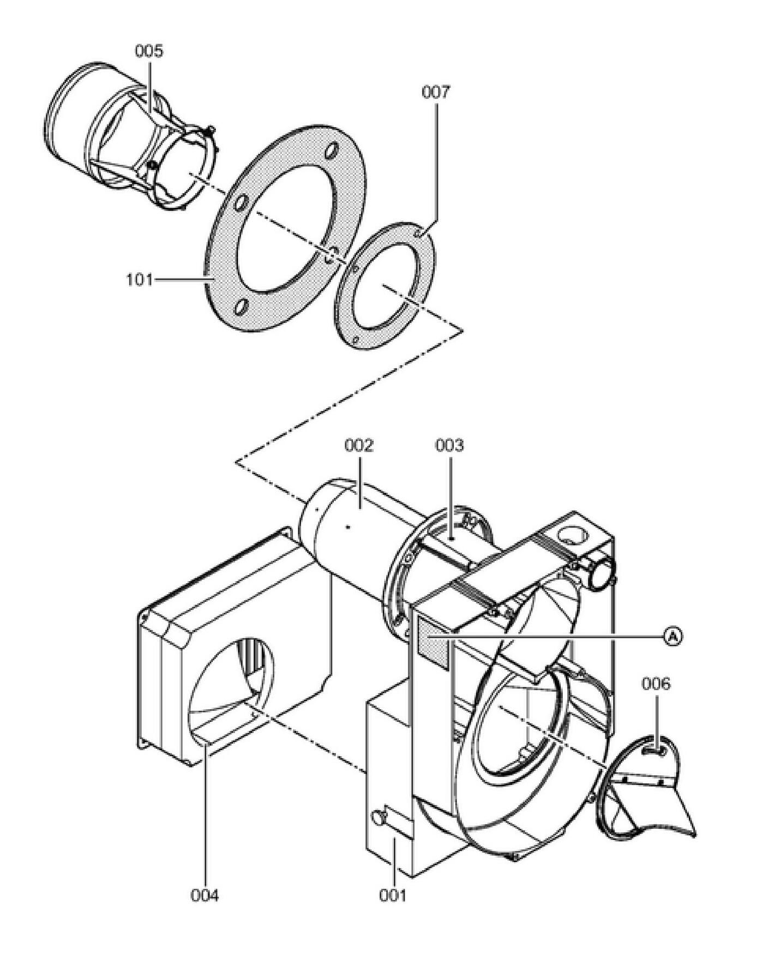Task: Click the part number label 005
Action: (148, 51)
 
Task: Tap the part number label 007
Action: (436, 92)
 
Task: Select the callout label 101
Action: (140, 280)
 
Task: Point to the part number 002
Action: (359, 446)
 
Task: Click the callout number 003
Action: (449, 446)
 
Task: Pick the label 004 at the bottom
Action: (205, 895)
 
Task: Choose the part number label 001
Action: (393, 895)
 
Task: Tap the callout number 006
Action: (656, 684)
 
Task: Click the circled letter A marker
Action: (674, 636)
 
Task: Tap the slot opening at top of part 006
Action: (653, 751)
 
